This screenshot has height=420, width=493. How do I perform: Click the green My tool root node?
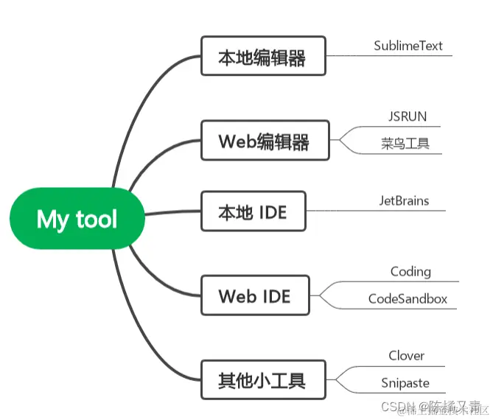click(77, 219)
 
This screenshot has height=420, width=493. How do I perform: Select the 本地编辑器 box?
click(263, 56)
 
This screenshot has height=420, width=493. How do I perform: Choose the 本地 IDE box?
click(253, 212)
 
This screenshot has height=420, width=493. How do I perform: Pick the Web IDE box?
click(255, 295)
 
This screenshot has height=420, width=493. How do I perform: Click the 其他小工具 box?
click(262, 380)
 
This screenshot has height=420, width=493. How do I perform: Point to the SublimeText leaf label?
click(408, 46)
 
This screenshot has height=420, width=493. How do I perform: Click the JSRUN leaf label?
click(408, 116)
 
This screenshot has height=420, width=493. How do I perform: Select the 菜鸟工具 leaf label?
click(405, 143)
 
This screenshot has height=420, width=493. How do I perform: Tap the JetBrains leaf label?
click(404, 200)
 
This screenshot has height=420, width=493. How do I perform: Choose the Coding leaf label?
click(410, 271)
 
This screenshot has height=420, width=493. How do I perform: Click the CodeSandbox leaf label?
click(408, 299)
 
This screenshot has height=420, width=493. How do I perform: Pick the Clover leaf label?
click(407, 356)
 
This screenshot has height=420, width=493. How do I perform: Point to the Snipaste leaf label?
click(405, 383)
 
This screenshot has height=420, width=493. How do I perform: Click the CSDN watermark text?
click(396, 407)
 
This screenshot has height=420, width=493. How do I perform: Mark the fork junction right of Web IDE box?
click(321, 295)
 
